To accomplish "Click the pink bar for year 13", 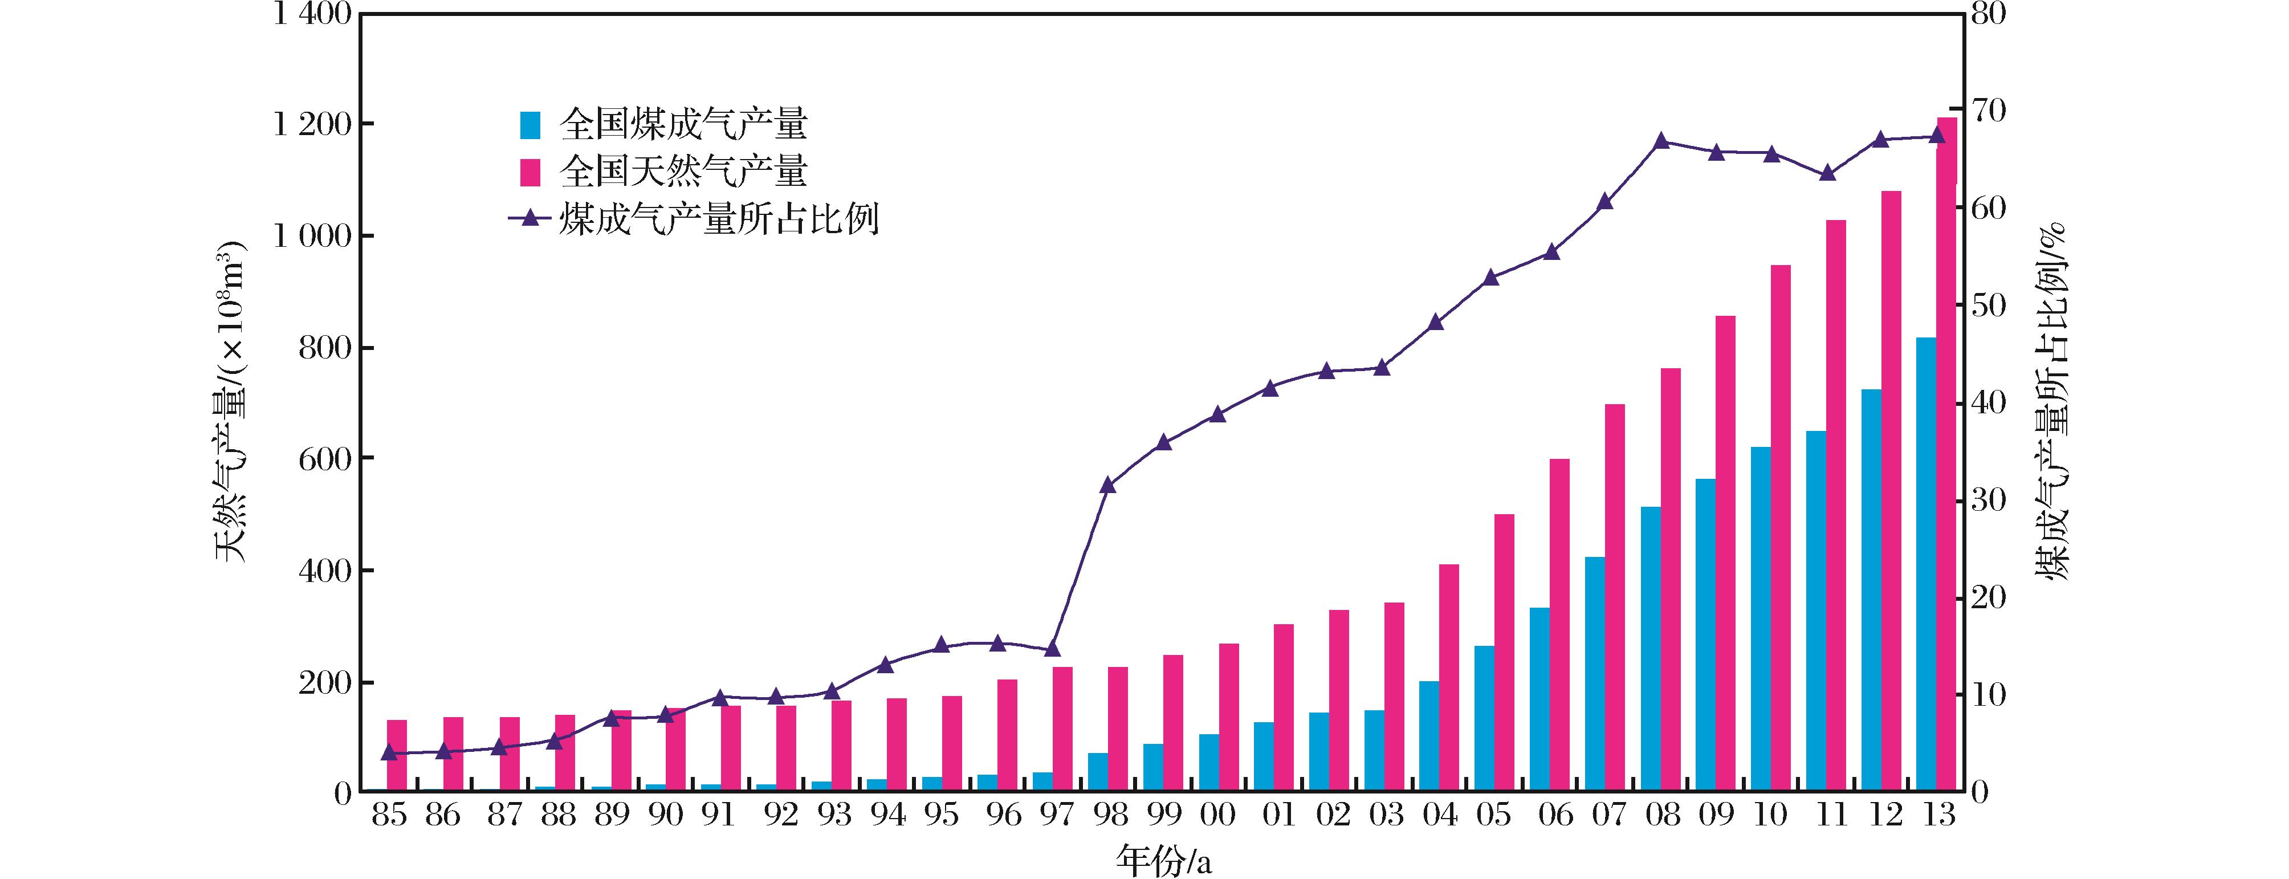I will point(1946,453).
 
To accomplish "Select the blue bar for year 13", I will point(1925,564).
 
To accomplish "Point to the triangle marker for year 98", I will point(1107,485).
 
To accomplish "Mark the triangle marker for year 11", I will point(1828,173).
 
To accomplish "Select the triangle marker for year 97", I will point(1052,649).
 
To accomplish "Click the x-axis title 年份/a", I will point(1162,860).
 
